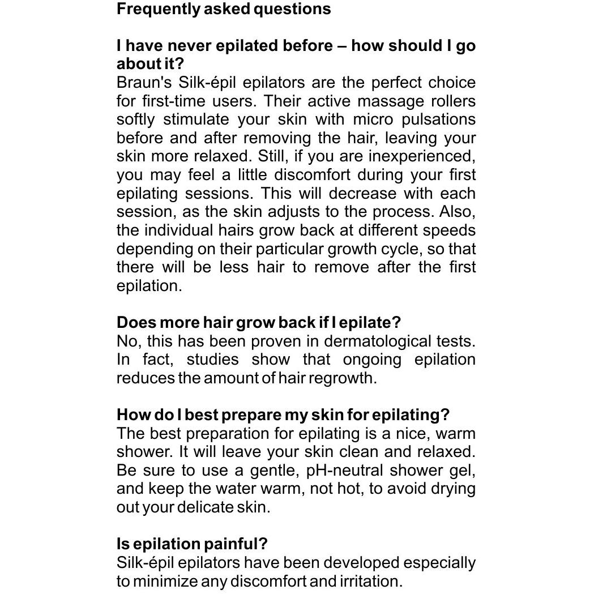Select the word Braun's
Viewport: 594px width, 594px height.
tap(144, 83)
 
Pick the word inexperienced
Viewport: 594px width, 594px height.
tap(422, 156)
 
